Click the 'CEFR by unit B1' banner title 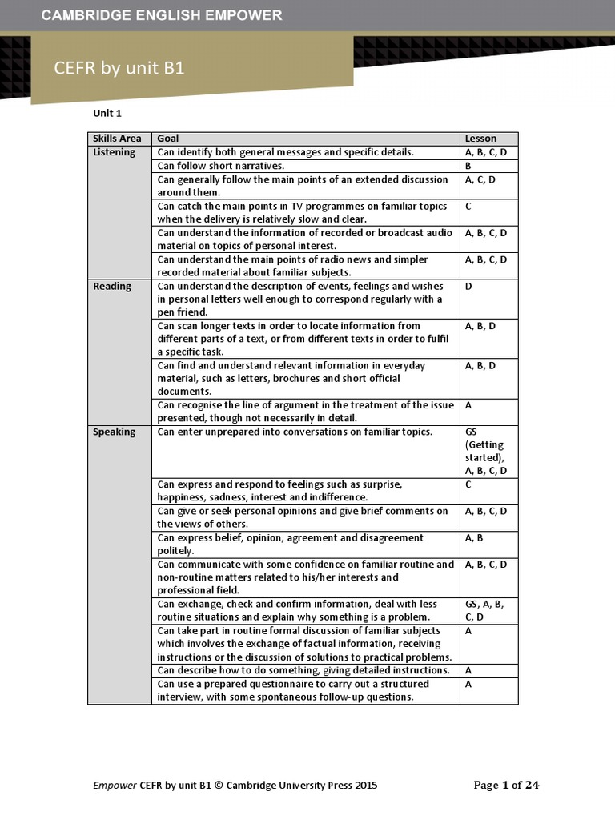point(119,68)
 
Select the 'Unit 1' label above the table point(107,114)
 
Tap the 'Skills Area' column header point(117,139)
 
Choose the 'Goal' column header point(168,139)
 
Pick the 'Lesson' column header point(480,139)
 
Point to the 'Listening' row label point(115,152)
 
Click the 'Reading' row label point(112,286)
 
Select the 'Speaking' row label point(115,432)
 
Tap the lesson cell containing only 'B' point(468,166)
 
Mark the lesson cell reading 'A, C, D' point(480,179)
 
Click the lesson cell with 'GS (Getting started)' point(485,452)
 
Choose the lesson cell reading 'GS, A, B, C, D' point(485,610)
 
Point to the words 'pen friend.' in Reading point(183,312)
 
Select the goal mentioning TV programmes point(302,212)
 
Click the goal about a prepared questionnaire point(293,690)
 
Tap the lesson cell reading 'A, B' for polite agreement point(474,538)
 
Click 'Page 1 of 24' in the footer point(506,785)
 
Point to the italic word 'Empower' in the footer point(115,786)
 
